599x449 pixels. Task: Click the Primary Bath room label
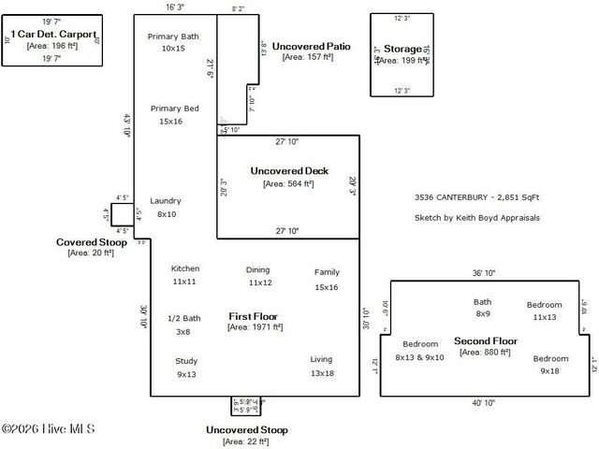point(173,36)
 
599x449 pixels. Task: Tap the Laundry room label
point(166,201)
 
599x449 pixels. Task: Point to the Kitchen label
point(184,268)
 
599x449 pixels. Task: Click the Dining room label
point(258,269)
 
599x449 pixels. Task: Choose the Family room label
point(327,272)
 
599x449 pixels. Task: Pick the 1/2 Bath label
point(183,318)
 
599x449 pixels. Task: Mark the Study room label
point(186,361)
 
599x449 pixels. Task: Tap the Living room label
point(322,359)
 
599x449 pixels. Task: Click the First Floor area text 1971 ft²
point(253,327)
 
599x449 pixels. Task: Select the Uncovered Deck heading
point(288,171)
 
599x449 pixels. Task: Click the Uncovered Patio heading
point(312,46)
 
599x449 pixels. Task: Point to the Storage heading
point(404,49)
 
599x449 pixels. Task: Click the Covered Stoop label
point(91,241)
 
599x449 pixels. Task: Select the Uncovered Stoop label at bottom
point(247,429)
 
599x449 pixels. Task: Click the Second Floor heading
point(486,340)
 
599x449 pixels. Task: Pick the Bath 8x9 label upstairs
point(482,302)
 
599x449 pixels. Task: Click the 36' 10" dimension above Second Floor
point(484,273)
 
